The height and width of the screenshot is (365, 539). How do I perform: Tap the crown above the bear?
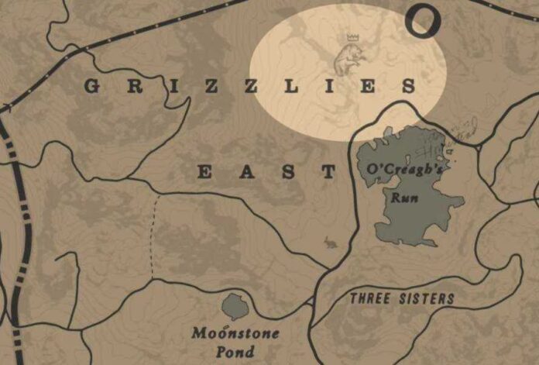tap(352, 37)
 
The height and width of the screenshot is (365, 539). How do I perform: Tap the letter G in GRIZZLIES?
tap(91, 87)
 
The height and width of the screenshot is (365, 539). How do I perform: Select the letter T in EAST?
tap(331, 171)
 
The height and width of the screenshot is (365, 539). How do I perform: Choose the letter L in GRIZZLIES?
tap(290, 87)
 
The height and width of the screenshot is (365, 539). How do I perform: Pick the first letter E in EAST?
tap(205, 171)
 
